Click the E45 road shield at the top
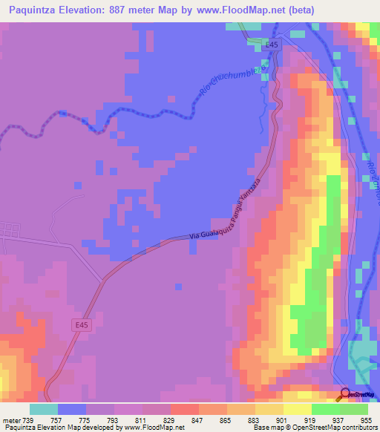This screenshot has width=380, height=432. [x=272, y=45]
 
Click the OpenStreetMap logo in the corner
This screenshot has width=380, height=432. [x=359, y=394]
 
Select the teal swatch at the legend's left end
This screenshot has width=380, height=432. [x=44, y=409]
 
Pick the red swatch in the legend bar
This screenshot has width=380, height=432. [x=185, y=409]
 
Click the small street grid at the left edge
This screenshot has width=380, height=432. [x=9, y=232]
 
